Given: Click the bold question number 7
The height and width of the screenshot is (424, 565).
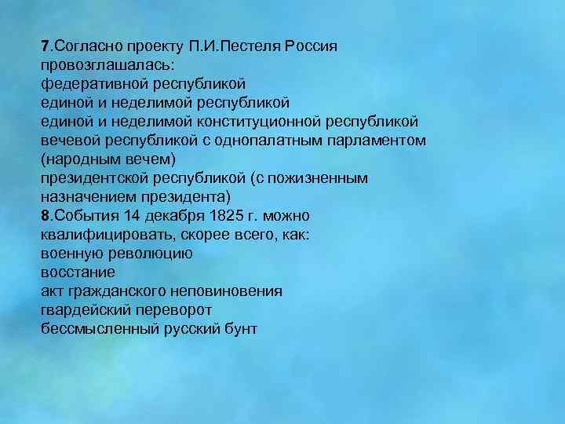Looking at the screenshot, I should tap(46, 45).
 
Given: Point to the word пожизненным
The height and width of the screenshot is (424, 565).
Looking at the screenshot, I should tap(321, 177).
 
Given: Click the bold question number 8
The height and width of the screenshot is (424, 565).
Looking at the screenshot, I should tap(46, 215).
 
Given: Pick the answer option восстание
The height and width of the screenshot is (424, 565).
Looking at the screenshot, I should tap(78, 272).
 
